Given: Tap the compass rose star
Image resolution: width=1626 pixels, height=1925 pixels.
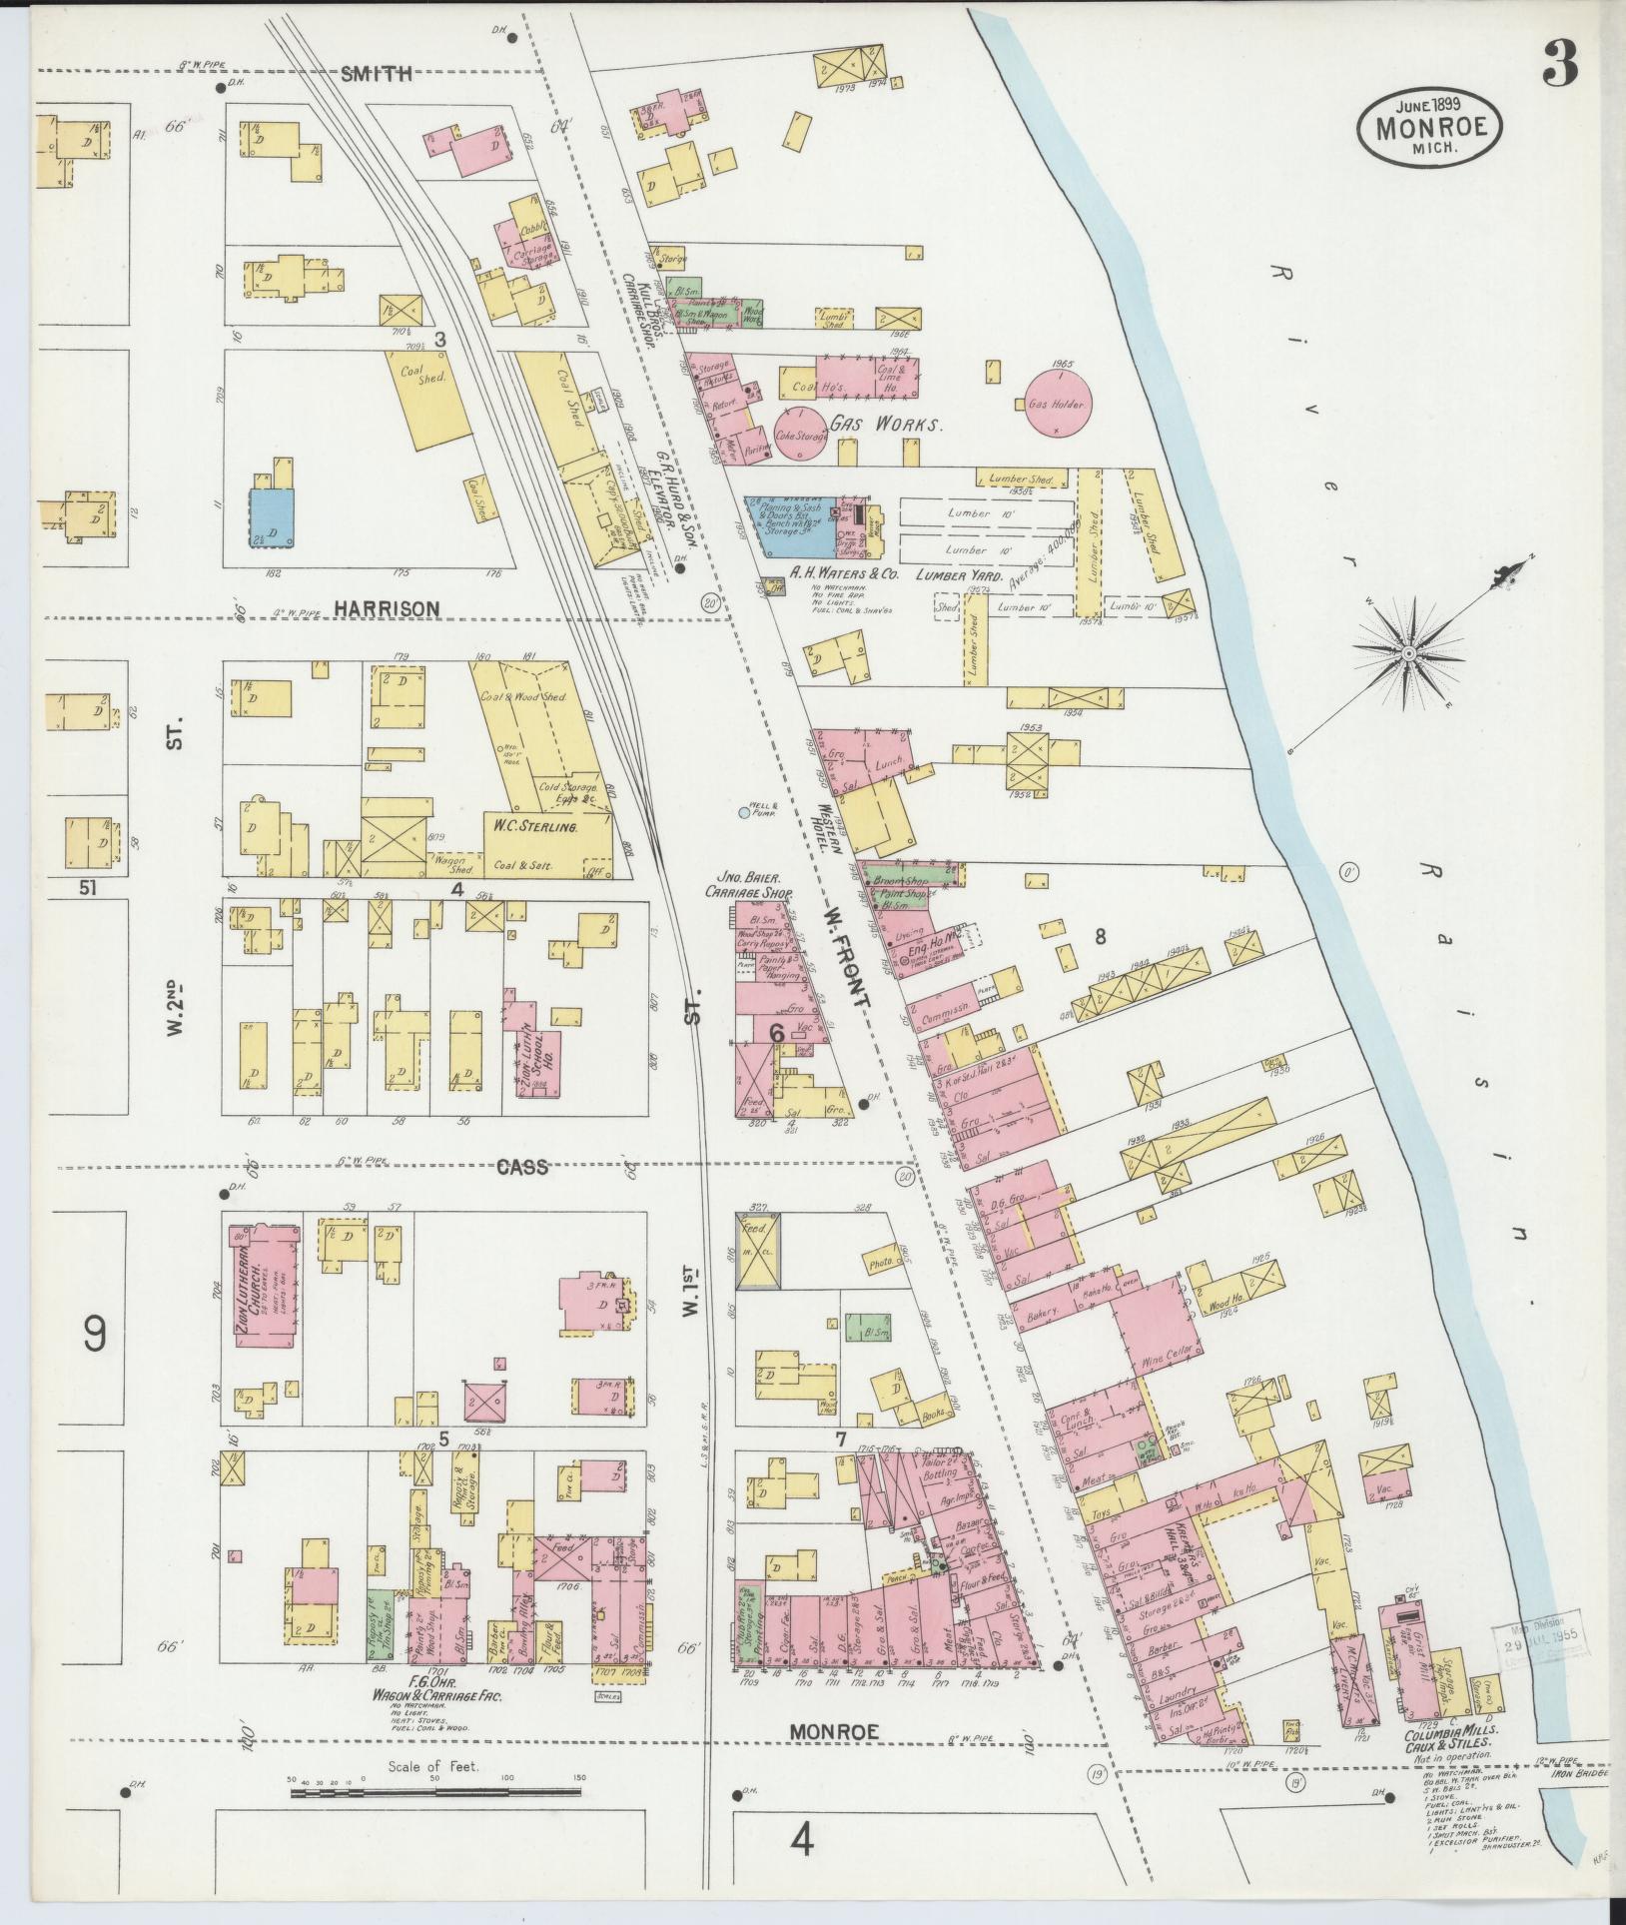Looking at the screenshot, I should tap(1407, 654).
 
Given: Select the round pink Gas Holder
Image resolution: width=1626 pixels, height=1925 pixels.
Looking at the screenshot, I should tap(1061, 405).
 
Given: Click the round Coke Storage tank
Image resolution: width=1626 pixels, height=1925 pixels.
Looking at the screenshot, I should tap(801, 435).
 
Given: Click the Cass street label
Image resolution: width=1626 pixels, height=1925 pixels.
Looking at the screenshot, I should tap(522, 1167).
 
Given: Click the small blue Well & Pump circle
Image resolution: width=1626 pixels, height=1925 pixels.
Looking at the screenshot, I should tap(743, 814).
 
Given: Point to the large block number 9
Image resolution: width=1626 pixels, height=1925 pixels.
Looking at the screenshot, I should tap(95, 1335).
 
